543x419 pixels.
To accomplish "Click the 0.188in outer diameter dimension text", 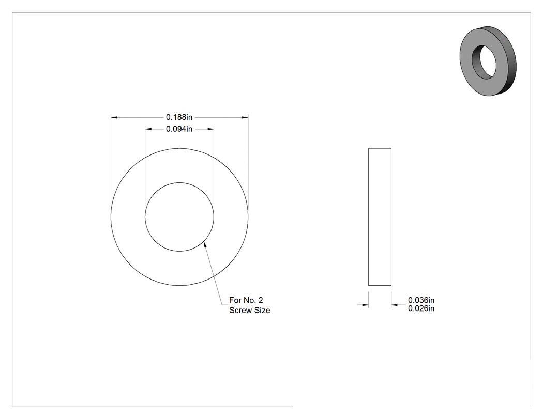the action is pos(179,117).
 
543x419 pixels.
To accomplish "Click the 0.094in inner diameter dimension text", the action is pos(179,129).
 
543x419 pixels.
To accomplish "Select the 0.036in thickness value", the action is pos(421,300).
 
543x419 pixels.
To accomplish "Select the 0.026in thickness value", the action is pos(421,308).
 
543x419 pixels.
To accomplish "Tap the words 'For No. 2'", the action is pos(246,300).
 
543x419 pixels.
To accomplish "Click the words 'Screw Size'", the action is pos(249,311).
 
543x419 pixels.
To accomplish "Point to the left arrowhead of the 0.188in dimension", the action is pos(114,118).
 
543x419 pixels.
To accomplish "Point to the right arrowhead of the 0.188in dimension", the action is pos(245,118).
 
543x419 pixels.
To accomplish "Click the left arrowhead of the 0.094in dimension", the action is pos(148,129).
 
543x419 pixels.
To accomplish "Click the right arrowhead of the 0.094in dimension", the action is pos(210,129).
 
